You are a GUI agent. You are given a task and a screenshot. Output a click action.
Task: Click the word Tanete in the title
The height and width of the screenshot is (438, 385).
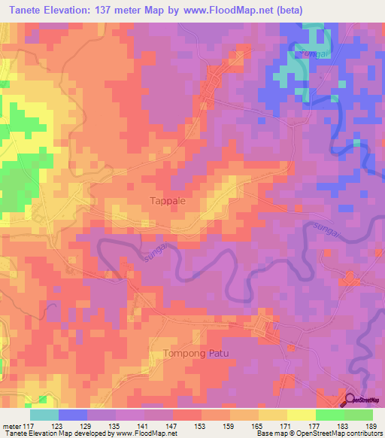pyautogui.click(x=29, y=11)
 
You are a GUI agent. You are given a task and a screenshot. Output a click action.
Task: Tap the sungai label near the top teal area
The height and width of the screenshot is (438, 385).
pyautogui.click(x=307, y=53)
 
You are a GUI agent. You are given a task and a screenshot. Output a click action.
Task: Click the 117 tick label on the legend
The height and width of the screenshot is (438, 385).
pyautogui.click(x=29, y=425)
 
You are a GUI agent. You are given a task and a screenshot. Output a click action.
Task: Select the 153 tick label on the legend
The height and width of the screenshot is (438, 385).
pyautogui.click(x=201, y=425)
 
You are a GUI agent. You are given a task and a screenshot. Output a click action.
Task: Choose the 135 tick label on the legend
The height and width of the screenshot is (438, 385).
pyautogui.click(x=115, y=425)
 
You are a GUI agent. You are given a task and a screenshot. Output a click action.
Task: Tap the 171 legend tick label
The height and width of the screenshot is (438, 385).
pyautogui.click(x=286, y=425)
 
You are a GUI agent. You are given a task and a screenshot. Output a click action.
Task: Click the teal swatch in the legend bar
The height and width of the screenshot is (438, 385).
pyautogui.click(x=44, y=415)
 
